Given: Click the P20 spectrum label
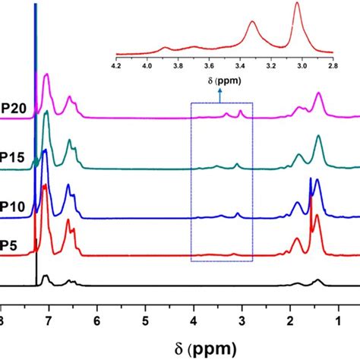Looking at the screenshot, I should coord(14,107).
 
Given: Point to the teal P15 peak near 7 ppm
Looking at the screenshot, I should coord(47,114).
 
